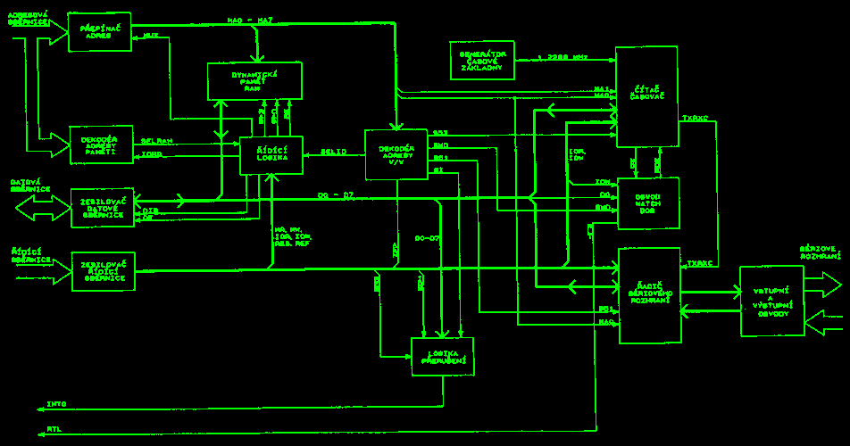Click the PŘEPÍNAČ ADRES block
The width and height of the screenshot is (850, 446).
[x=99, y=32]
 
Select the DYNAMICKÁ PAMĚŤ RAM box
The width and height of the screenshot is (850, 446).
[x=254, y=81]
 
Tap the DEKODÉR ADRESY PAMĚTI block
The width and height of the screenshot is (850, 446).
[x=101, y=145]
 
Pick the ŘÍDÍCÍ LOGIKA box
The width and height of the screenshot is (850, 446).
[x=271, y=155]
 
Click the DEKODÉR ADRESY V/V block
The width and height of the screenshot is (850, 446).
[x=396, y=154]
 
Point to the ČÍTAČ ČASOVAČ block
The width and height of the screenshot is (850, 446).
[x=646, y=97]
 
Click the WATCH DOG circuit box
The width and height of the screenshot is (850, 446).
[x=648, y=203]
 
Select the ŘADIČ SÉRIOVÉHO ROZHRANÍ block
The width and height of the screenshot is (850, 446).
[x=649, y=294]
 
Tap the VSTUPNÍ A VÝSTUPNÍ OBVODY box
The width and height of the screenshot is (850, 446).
[x=771, y=301]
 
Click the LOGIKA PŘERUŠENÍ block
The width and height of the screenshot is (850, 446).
[x=442, y=356]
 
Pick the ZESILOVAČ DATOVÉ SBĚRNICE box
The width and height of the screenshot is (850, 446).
[x=103, y=207]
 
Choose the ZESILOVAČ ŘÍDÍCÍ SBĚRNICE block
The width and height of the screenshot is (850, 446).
[x=103, y=271]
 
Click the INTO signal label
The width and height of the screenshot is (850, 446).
[x=56, y=404]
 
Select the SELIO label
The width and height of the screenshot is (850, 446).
[x=334, y=152]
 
